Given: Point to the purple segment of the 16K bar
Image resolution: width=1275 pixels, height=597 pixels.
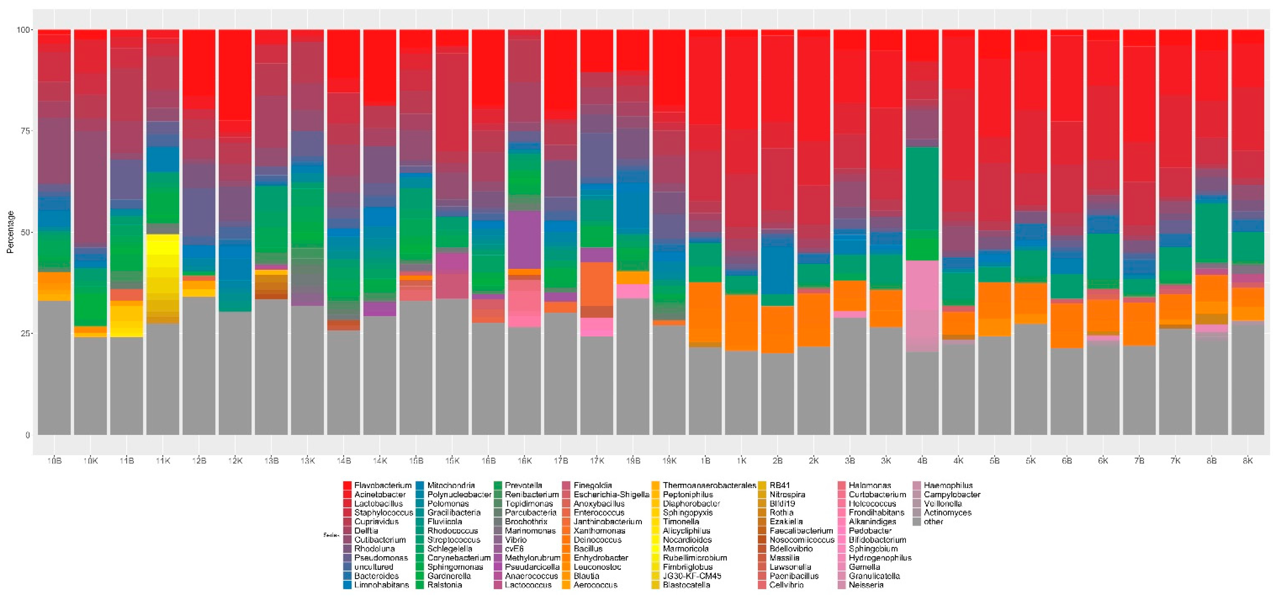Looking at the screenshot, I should coord(525,240).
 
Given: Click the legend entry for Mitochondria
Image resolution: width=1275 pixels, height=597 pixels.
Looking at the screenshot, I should coord(451,486).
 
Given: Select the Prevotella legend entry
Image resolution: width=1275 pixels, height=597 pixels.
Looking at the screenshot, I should coord(523,486).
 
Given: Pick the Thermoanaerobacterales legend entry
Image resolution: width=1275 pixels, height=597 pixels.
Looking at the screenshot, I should coord(709,486).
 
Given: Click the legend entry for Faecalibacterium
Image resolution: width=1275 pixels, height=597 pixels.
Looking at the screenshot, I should coord(801,531).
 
